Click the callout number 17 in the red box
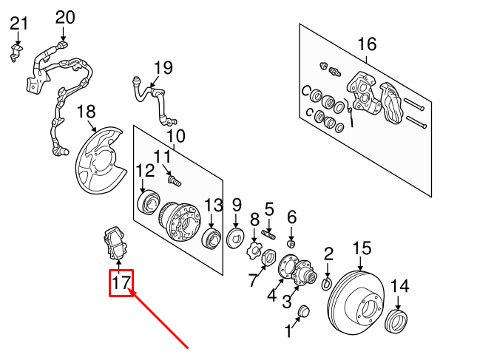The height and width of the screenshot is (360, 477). tap(121, 282)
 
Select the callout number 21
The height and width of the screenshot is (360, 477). tap(18, 24)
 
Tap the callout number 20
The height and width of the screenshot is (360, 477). tap(65, 17)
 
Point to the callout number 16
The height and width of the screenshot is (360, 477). tap(367, 44)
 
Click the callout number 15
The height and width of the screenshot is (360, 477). tap(361, 248)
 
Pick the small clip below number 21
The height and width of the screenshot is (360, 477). tap(16, 51)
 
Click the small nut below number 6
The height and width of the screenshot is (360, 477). tap(291, 243)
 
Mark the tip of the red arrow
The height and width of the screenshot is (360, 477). tap(130, 293)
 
